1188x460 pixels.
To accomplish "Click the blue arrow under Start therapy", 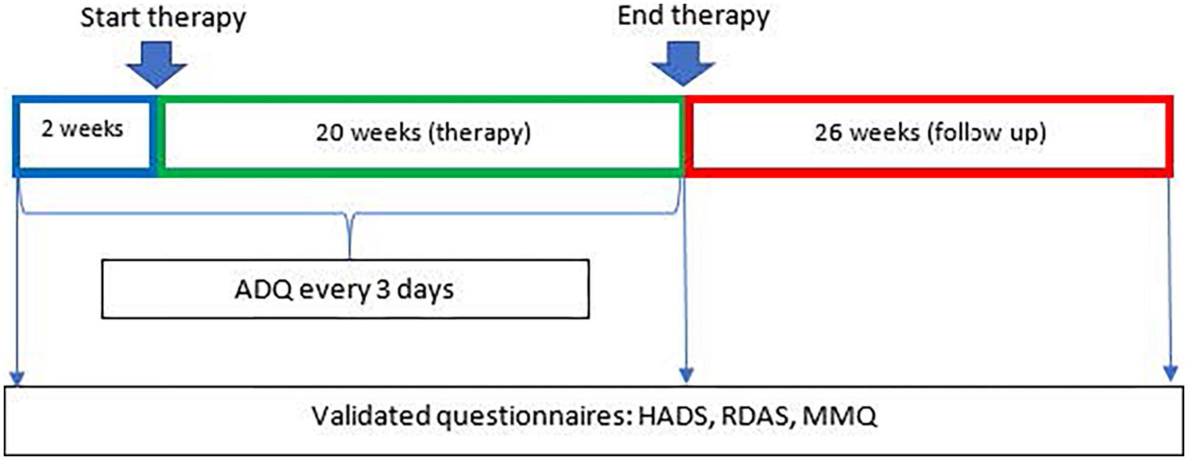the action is coord(157,64).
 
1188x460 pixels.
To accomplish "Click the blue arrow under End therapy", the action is coord(683,63).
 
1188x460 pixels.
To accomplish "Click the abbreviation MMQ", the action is coord(839,417).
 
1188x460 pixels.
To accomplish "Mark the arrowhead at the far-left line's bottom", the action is coord(17,377).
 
